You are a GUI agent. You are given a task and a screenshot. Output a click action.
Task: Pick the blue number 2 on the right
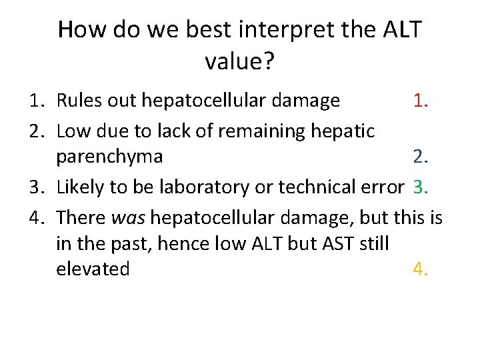click(419, 157)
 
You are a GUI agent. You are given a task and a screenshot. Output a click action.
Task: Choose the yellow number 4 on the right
click(419, 269)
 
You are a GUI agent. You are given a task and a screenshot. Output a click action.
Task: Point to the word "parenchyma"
click(109, 157)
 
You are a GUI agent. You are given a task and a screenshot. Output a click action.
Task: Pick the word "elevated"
click(93, 269)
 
